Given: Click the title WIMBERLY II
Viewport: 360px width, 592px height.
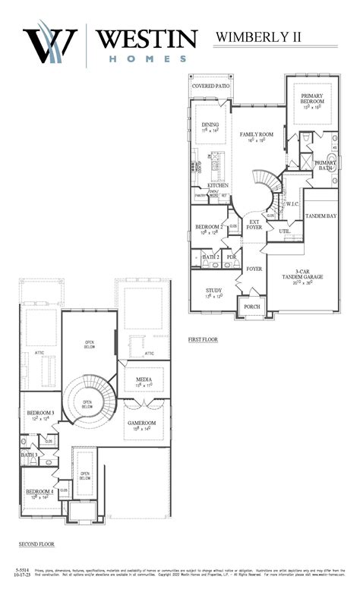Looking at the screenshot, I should tap(277, 36).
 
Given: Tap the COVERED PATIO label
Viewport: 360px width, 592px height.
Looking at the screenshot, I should tap(210, 87).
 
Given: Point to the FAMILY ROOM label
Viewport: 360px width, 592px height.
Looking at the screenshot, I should tap(257, 134).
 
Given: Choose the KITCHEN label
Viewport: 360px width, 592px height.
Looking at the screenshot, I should tap(218, 185).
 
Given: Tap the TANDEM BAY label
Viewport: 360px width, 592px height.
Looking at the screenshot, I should tap(321, 216).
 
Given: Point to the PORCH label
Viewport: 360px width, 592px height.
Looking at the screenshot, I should tap(251, 307).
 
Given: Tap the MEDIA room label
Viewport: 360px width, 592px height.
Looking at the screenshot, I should tap(144, 379).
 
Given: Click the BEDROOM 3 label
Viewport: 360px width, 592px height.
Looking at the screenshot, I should tap(39, 413).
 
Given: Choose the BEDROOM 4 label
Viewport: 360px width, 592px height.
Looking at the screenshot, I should tap(39, 492).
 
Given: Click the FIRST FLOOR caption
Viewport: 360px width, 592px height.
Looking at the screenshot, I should tap(203, 340).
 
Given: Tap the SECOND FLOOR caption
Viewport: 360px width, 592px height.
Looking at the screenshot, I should tap(36, 544).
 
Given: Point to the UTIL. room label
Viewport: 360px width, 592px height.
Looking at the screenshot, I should tap(285, 231).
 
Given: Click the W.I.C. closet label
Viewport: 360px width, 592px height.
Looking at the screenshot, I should tap(292, 203).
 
